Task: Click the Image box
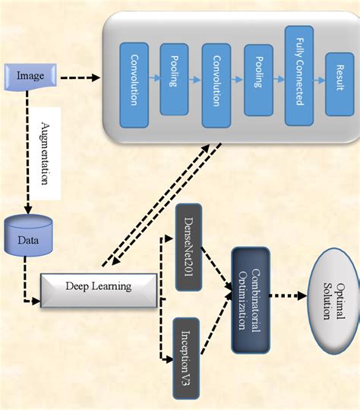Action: tap(30, 76)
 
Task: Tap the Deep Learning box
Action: tap(99, 287)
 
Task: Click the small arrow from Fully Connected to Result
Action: tap(317, 77)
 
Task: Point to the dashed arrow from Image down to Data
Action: tap(27, 152)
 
